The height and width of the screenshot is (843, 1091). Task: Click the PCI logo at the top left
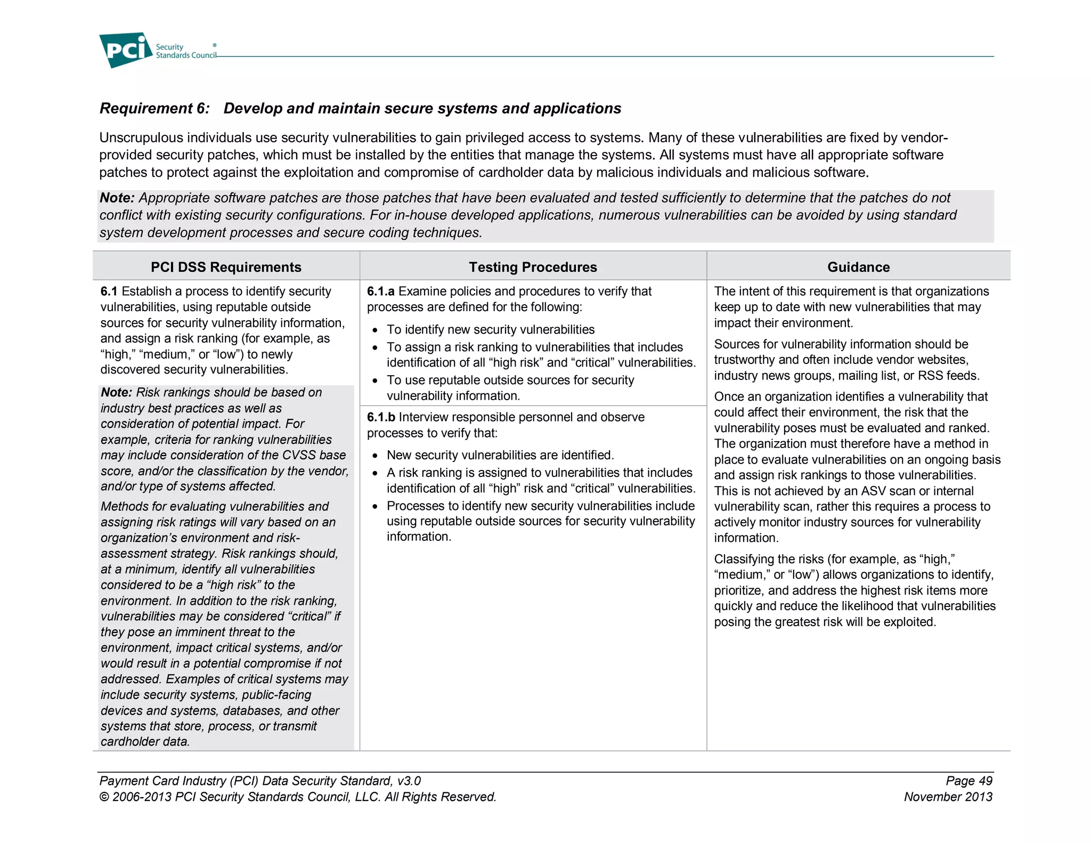(x=125, y=50)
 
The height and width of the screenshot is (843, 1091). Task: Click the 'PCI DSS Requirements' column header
(x=226, y=267)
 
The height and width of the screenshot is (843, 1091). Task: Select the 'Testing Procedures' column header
(x=533, y=267)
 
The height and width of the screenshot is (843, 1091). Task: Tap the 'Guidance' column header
(x=858, y=267)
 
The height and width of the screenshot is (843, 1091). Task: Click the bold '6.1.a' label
(x=380, y=291)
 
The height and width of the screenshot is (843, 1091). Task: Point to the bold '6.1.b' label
(x=380, y=417)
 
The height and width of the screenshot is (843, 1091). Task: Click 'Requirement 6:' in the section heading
(x=154, y=108)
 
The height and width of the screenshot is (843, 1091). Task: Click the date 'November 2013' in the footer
(x=948, y=797)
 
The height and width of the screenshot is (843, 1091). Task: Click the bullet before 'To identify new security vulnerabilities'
(x=375, y=330)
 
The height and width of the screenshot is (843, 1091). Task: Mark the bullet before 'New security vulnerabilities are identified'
(x=375, y=456)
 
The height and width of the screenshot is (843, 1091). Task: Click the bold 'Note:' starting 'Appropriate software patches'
(x=117, y=198)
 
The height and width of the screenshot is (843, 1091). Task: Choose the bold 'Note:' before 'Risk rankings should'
(x=117, y=392)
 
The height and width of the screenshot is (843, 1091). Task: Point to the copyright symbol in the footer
(x=104, y=797)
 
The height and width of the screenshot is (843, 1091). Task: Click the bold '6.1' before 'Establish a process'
(x=109, y=291)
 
